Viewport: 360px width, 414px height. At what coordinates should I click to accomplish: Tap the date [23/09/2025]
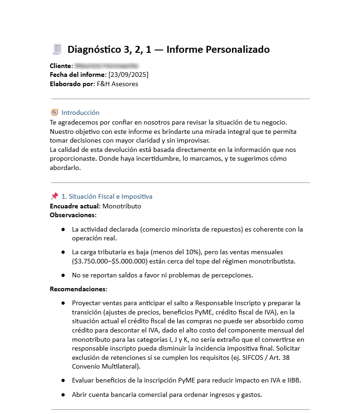click(x=128, y=75)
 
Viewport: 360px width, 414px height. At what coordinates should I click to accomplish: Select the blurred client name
click(x=106, y=66)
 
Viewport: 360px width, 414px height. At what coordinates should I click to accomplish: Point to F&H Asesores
click(x=117, y=84)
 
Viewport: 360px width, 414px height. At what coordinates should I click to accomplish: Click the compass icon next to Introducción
click(x=55, y=113)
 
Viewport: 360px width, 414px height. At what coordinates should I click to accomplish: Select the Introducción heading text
click(x=81, y=113)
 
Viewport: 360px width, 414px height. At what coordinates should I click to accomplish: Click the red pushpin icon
click(x=55, y=196)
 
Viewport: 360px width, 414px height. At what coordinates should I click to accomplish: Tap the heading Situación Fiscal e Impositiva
click(x=111, y=196)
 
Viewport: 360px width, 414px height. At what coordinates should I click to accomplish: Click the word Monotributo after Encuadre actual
click(x=122, y=206)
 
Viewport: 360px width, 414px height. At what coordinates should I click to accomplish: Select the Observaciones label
click(x=73, y=215)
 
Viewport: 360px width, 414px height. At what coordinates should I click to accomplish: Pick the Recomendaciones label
click(x=78, y=289)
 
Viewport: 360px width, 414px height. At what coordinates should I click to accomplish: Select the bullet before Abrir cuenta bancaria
click(x=63, y=395)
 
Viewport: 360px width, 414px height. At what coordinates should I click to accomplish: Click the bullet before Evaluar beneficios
click(x=63, y=381)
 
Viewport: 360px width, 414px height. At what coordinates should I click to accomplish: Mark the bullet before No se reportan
click(x=63, y=275)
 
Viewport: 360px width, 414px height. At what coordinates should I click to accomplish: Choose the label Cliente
click(x=61, y=66)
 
